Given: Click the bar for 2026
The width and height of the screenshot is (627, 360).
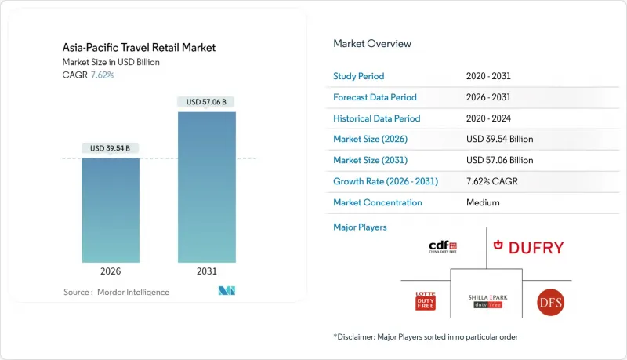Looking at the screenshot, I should (x=110, y=209).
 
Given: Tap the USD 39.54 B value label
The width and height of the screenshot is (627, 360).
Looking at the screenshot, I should (x=110, y=148).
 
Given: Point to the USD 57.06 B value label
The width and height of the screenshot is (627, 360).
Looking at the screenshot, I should (x=206, y=102).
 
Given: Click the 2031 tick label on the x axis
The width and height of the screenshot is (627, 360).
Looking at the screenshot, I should (x=206, y=271).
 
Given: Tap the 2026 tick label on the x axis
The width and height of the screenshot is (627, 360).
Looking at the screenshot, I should (x=110, y=271).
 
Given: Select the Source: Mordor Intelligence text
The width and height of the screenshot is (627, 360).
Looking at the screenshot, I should (x=116, y=292).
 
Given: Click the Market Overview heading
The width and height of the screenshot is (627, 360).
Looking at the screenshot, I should (x=371, y=44).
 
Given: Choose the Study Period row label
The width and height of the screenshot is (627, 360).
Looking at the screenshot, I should (x=359, y=76).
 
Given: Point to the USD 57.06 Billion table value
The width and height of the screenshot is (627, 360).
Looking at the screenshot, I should (x=499, y=160).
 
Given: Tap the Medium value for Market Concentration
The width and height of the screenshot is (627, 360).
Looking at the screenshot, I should (x=482, y=202).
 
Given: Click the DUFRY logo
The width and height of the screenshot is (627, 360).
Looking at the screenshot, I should (x=527, y=248).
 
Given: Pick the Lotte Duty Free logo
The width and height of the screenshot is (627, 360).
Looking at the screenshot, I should (x=425, y=300).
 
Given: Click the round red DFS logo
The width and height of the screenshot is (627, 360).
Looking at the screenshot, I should (x=550, y=301).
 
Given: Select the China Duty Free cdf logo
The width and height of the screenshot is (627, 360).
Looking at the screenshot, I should (x=443, y=248).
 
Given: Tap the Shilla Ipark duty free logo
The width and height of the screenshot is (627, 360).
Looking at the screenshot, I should (x=488, y=300).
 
